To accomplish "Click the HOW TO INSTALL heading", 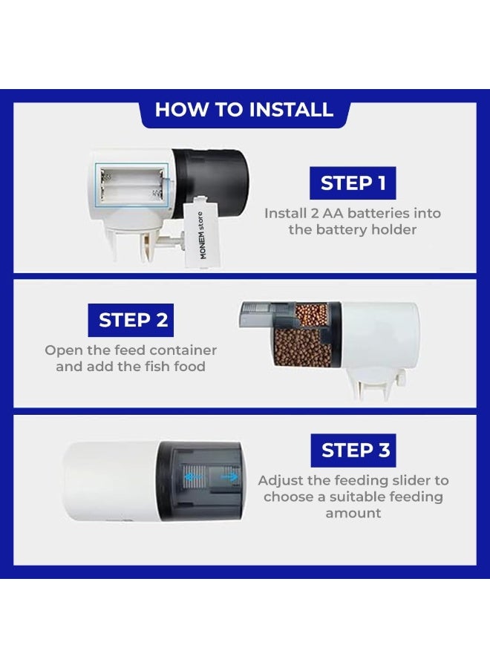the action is (244, 110).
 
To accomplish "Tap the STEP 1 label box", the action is (353, 183).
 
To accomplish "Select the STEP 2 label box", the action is (131, 321).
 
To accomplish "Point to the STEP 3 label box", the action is (353, 451).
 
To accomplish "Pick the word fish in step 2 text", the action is (157, 367).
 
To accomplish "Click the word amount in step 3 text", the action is (353, 513).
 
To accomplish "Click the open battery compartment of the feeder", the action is (132, 185).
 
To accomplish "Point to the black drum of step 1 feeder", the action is (211, 183).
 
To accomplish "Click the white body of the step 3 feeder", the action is (111, 482).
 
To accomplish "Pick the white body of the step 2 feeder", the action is (379, 336).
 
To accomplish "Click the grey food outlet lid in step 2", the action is (267, 315).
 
